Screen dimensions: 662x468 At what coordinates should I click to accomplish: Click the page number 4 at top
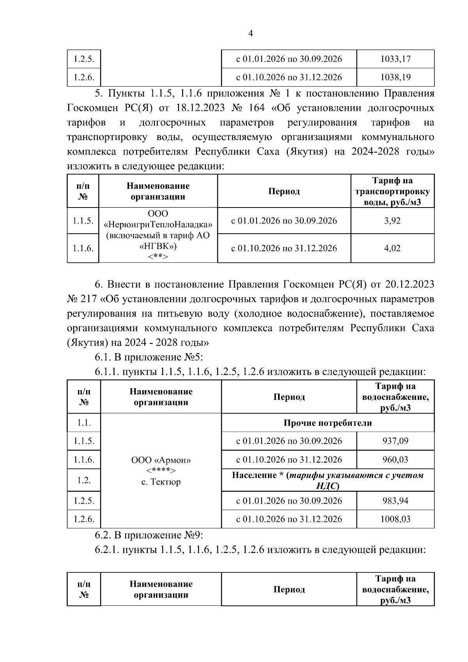pos(250,34)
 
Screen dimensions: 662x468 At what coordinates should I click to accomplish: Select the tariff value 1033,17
pos(395,59)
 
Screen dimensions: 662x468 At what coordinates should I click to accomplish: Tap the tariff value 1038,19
pos(395,77)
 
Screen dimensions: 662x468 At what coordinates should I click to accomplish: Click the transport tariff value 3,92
pos(392,221)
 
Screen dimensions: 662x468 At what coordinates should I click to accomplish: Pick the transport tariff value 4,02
pos(392,248)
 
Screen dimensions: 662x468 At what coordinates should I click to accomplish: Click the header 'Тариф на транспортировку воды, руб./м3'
pos(392,191)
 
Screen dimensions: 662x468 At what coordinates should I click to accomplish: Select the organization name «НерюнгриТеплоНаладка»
pos(158,225)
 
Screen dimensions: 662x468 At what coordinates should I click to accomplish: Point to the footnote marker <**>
pos(158,256)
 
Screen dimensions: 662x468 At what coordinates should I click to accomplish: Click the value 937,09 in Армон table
pos(395,441)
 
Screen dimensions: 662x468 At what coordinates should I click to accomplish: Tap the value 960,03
pos(395,460)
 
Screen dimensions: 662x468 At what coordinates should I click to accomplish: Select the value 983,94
pos(395,500)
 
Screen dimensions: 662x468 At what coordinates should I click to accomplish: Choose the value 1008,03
pos(395,519)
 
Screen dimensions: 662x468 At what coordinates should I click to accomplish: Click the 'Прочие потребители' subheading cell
pos(328,423)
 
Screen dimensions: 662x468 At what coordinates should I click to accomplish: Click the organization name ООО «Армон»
pos(161,460)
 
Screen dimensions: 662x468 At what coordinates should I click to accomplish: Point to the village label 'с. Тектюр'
pos(161,482)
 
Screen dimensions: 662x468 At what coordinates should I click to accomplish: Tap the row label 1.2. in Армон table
pos(84,480)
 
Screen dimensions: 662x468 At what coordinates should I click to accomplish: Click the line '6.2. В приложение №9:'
pos(149,535)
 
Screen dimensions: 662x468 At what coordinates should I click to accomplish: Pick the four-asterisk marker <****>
pos(161,470)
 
